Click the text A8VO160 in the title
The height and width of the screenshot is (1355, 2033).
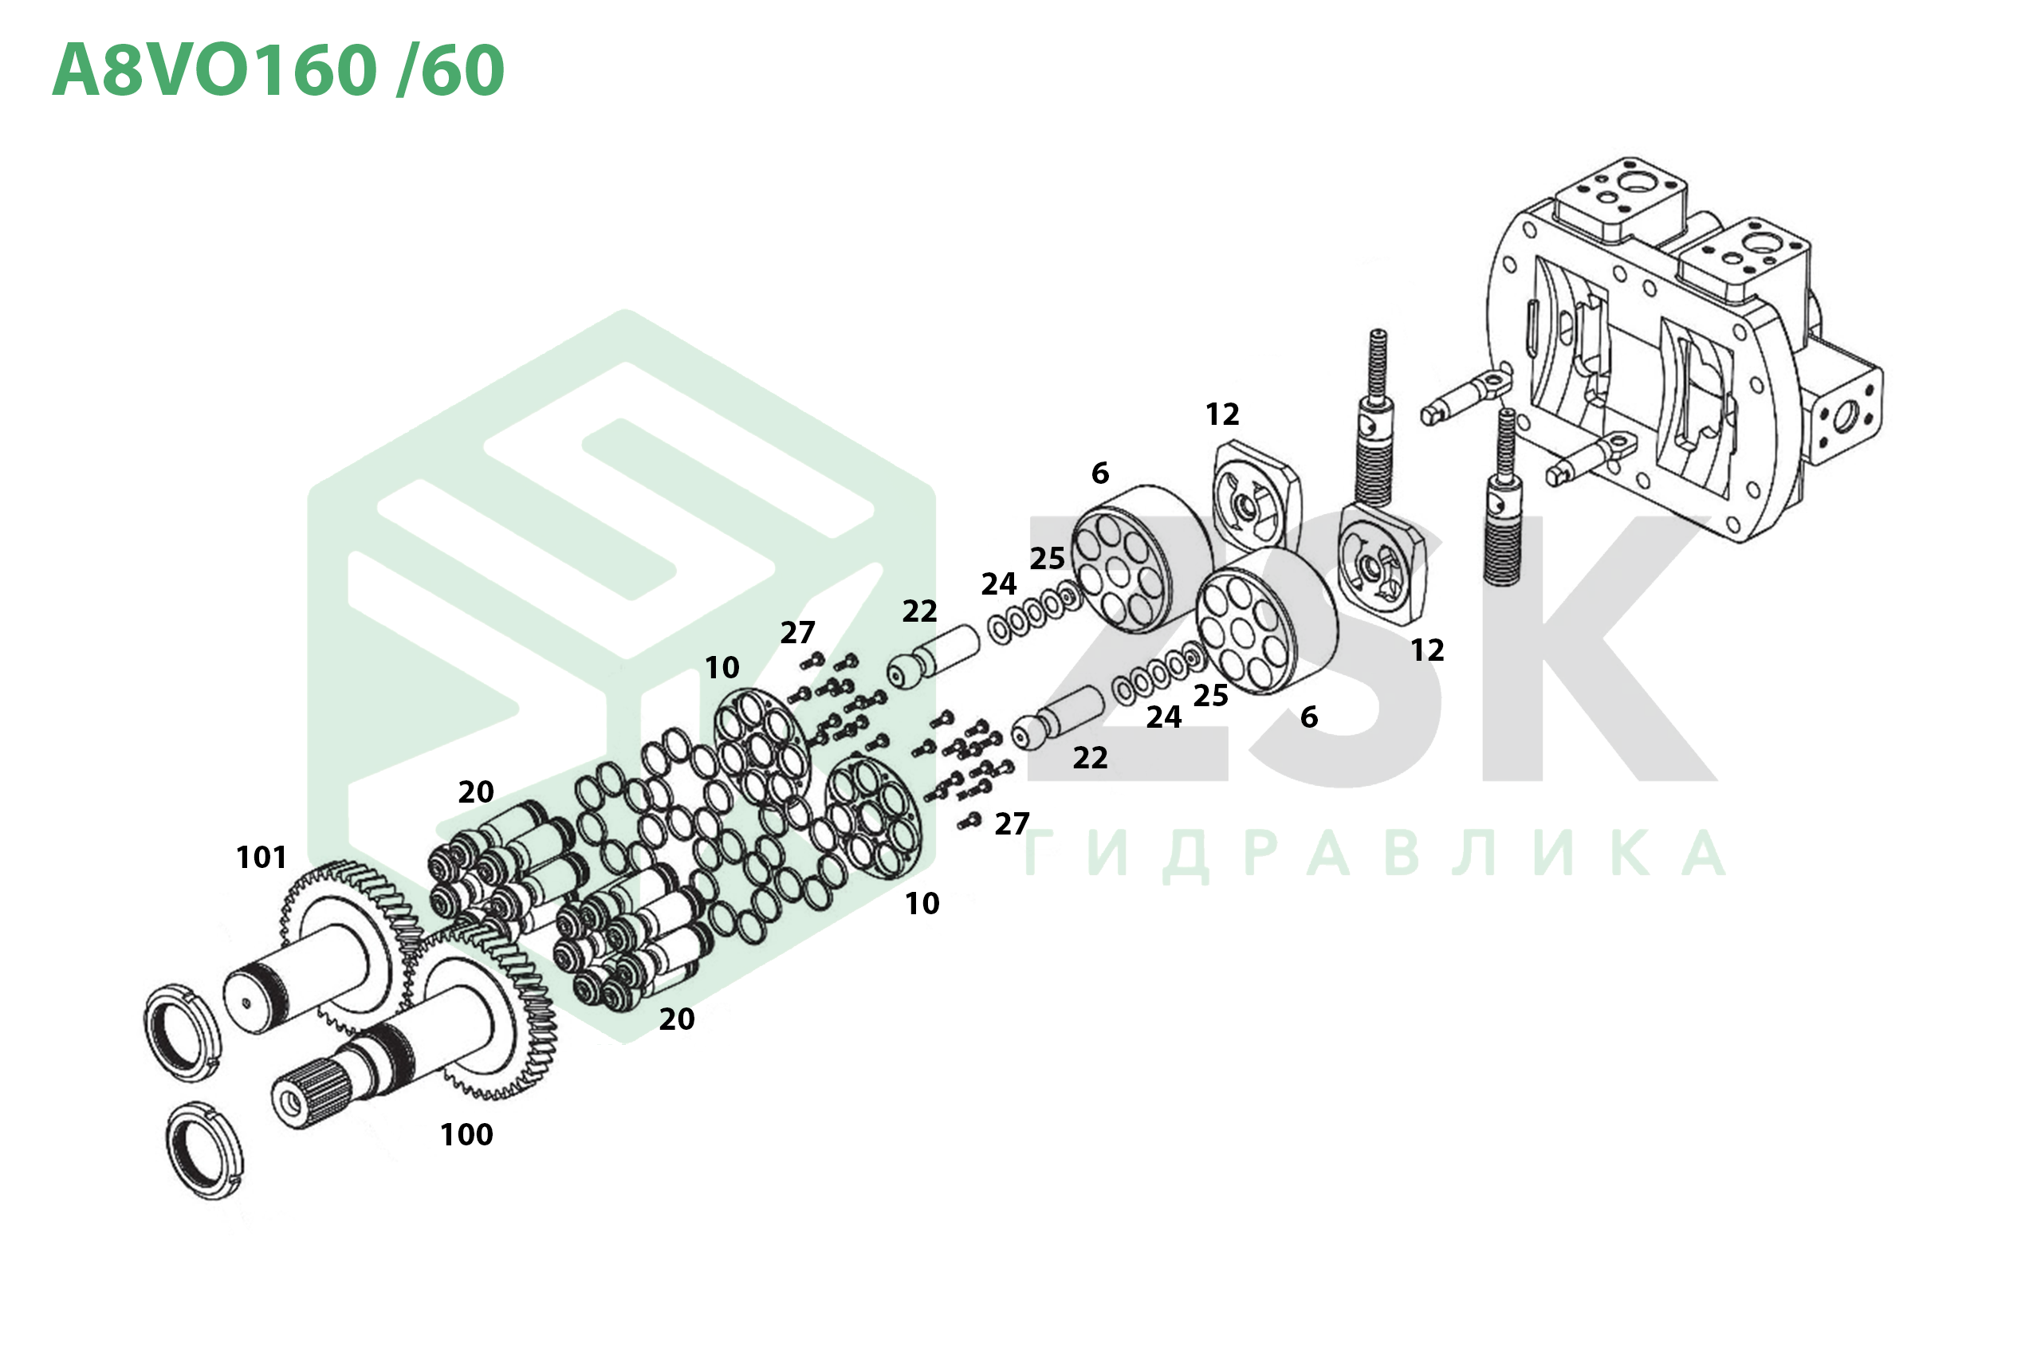(215, 69)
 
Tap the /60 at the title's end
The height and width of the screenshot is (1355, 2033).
(450, 69)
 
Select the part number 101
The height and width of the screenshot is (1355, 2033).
(261, 858)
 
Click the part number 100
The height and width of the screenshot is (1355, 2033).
(466, 1135)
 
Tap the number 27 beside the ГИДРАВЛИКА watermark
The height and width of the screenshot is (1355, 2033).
(1013, 824)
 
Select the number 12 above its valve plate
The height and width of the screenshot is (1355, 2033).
(1222, 414)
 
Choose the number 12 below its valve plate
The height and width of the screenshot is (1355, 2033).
(1427, 650)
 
